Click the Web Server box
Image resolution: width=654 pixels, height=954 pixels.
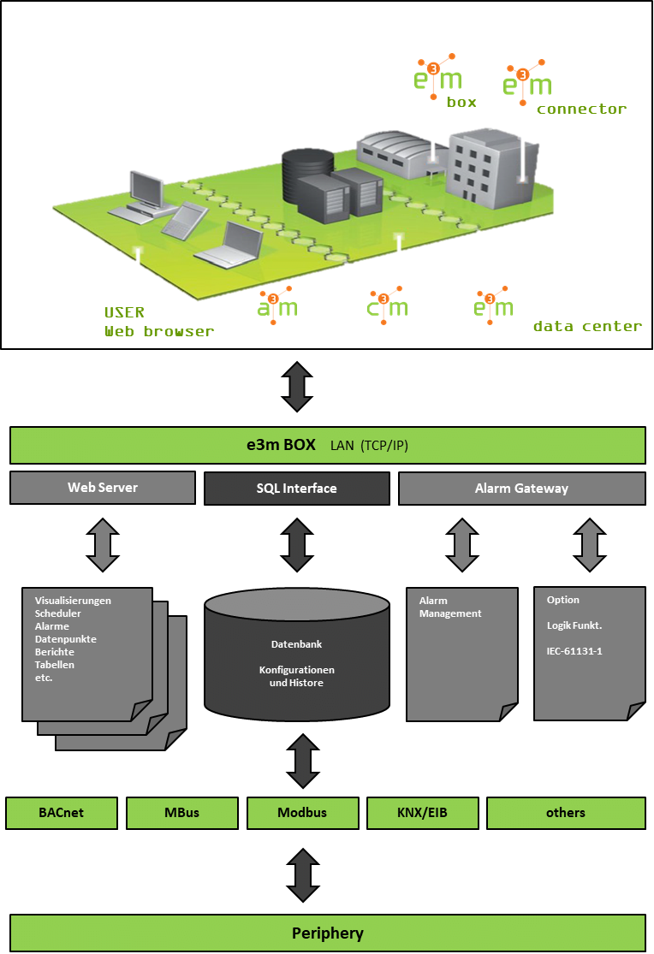pos(103,488)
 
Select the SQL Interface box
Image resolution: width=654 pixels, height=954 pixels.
pos(296,489)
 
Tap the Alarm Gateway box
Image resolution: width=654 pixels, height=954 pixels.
pos(521,489)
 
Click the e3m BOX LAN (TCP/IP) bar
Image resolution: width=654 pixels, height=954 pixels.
pos(327,446)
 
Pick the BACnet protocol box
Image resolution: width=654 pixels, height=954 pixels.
pos(62,813)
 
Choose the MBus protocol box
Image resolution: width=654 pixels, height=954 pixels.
pos(181,813)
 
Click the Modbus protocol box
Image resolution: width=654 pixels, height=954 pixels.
pos(302,813)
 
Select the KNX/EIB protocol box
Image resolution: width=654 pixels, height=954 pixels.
pos(422,813)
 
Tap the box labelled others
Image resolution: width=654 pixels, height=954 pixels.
pos(566,813)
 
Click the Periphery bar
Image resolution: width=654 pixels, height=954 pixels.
pos(327,933)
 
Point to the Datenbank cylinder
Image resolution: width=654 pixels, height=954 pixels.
pos(296,655)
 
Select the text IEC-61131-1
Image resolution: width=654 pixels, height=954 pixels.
pos(574,651)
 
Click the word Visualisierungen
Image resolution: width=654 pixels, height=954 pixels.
pos(73,601)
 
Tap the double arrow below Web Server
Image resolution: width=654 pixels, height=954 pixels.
pos(103,545)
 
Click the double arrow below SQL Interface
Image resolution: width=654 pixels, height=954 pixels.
pos(296,545)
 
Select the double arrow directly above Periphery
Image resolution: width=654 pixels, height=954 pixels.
pos(302,875)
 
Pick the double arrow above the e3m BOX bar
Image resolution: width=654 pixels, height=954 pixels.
pos(296,387)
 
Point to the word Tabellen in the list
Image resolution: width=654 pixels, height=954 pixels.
pos(55,665)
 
